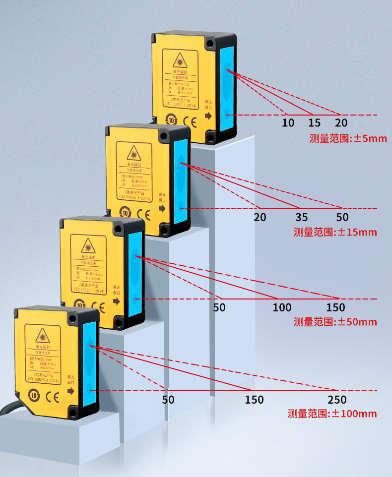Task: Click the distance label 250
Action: [337, 400]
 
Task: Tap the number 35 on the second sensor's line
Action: [301, 217]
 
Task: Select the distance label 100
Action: [282, 308]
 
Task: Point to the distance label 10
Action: [288, 123]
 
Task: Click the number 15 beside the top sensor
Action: [315, 123]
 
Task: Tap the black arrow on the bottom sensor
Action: [70, 391]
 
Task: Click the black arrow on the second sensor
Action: [162, 209]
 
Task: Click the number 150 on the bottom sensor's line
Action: [254, 400]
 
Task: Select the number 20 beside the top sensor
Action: [341, 123]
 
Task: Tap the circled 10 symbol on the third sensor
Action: [79, 304]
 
